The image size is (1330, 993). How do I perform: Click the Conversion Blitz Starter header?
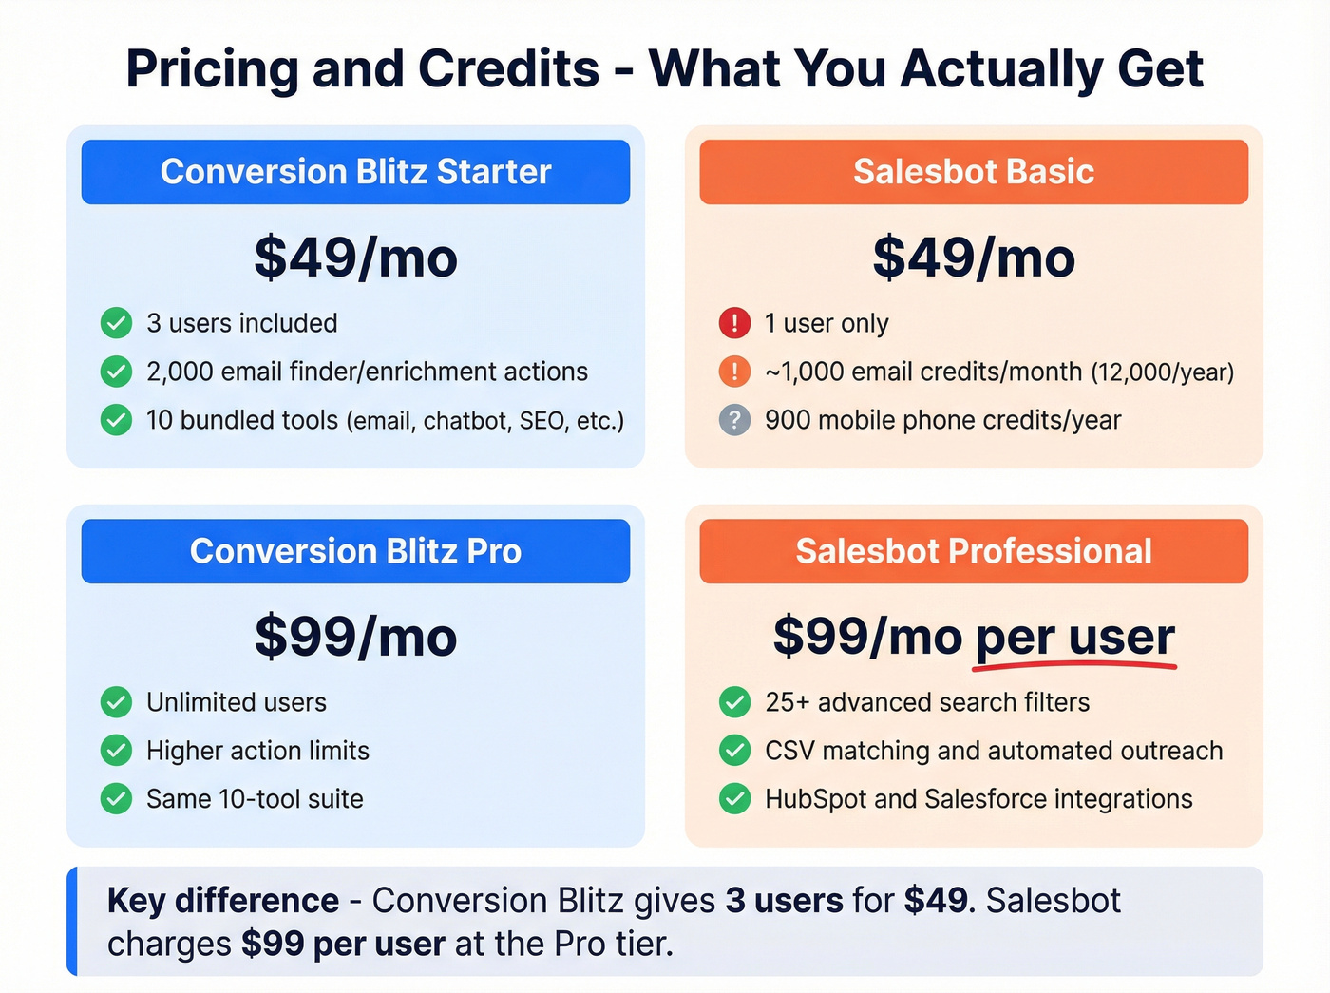(x=355, y=172)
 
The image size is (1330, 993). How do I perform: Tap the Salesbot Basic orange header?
(x=974, y=172)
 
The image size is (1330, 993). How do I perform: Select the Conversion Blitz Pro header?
(x=355, y=551)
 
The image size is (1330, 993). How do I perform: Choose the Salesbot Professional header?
(x=974, y=551)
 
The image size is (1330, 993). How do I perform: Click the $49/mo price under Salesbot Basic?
(x=974, y=258)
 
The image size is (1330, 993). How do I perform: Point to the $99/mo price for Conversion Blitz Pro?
(x=355, y=637)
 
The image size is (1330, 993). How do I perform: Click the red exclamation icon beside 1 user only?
(x=734, y=323)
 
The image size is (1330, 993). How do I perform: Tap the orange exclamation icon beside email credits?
(x=734, y=372)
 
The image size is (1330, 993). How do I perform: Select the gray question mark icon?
(x=734, y=420)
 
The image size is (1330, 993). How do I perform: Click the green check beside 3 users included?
(x=116, y=323)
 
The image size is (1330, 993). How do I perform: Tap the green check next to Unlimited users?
(x=116, y=702)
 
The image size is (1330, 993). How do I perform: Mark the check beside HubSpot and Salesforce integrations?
(x=734, y=799)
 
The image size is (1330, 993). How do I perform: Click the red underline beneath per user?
(x=1074, y=666)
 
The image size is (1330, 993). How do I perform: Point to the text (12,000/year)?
(x=1162, y=372)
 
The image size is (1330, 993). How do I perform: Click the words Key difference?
(x=222, y=901)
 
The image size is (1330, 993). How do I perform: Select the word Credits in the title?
(x=508, y=69)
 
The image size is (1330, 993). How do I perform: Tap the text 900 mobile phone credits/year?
(x=942, y=420)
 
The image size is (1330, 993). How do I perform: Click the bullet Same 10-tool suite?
(x=255, y=799)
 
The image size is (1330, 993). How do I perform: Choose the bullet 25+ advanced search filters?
(x=927, y=702)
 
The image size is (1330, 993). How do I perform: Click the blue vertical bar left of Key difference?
(x=72, y=922)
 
